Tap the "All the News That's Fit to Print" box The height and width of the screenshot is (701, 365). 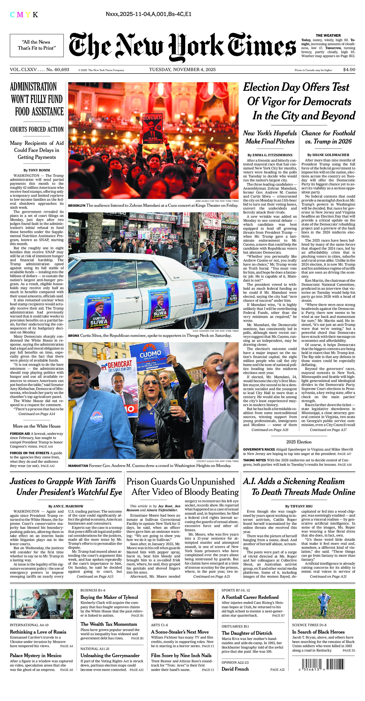[37, 45]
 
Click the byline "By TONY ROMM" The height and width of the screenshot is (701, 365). [37, 170]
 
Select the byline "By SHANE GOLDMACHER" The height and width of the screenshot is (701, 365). [328, 155]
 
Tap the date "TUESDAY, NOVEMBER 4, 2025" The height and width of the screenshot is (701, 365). [182, 70]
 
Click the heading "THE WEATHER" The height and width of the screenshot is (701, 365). [328, 35]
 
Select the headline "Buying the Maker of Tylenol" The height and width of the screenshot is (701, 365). [109, 597]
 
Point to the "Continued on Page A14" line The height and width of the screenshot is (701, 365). [37, 414]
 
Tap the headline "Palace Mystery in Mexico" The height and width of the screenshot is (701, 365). [36, 656]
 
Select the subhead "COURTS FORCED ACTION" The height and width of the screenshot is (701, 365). [37, 130]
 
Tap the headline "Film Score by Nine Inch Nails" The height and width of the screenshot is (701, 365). [181, 656]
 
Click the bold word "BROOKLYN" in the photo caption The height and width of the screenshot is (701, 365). [77, 206]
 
